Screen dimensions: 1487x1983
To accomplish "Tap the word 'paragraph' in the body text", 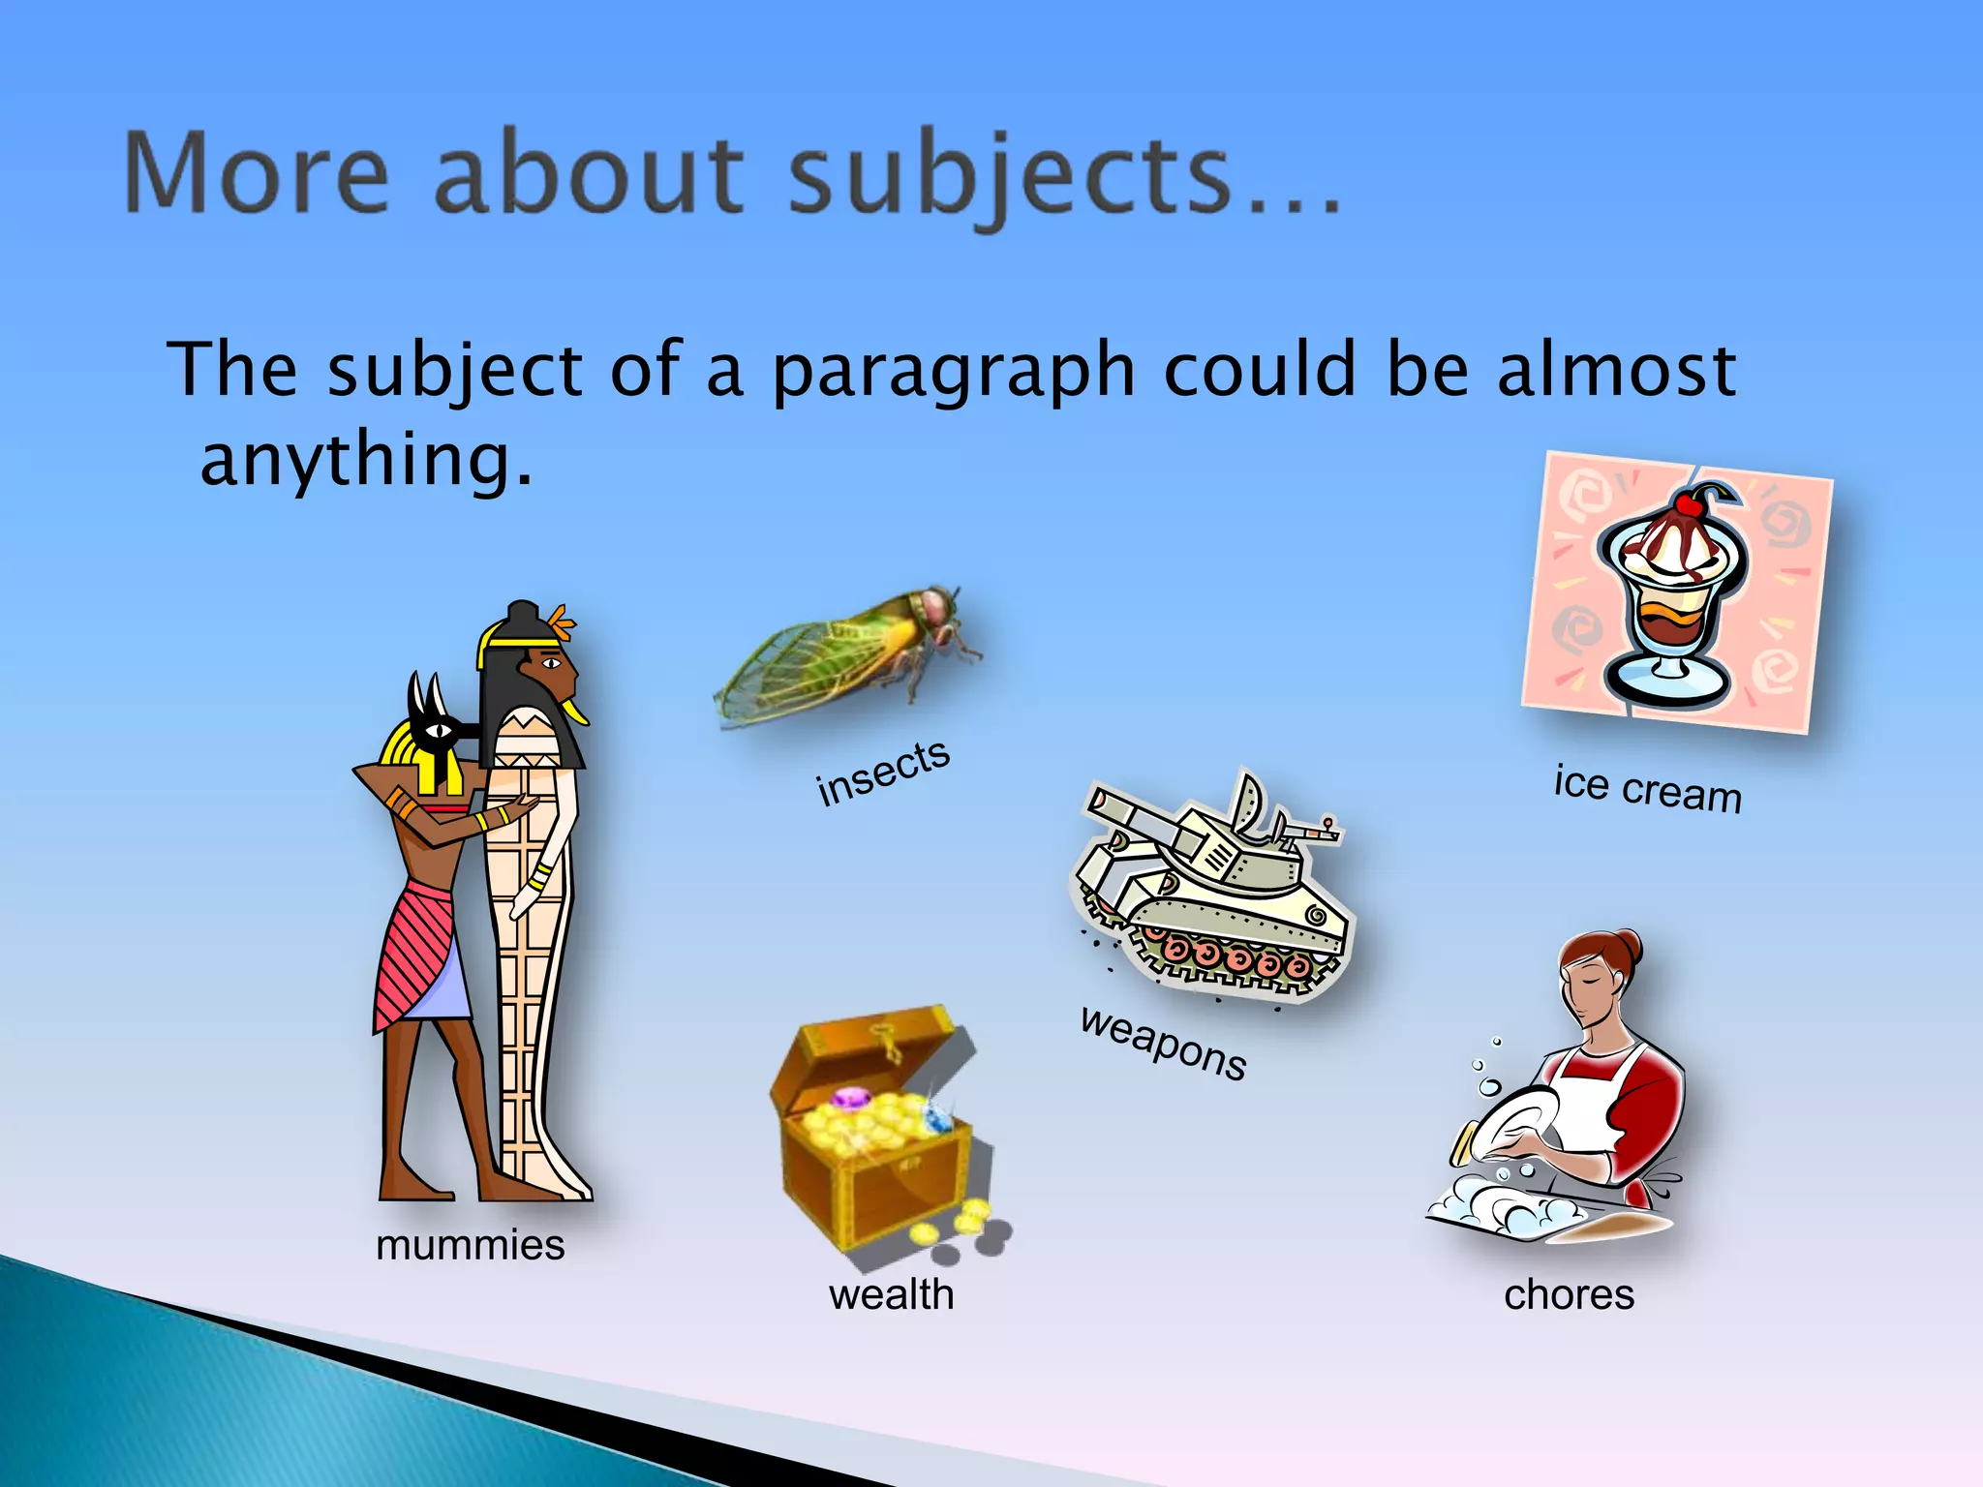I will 953,373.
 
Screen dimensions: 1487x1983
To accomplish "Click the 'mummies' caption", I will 470,1245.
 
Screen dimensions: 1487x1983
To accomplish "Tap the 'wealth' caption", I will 891,1294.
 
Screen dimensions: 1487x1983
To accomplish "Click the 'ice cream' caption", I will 1647,789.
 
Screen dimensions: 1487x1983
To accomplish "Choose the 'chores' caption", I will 1569,1294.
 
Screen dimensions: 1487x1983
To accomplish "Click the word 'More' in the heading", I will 257,174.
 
